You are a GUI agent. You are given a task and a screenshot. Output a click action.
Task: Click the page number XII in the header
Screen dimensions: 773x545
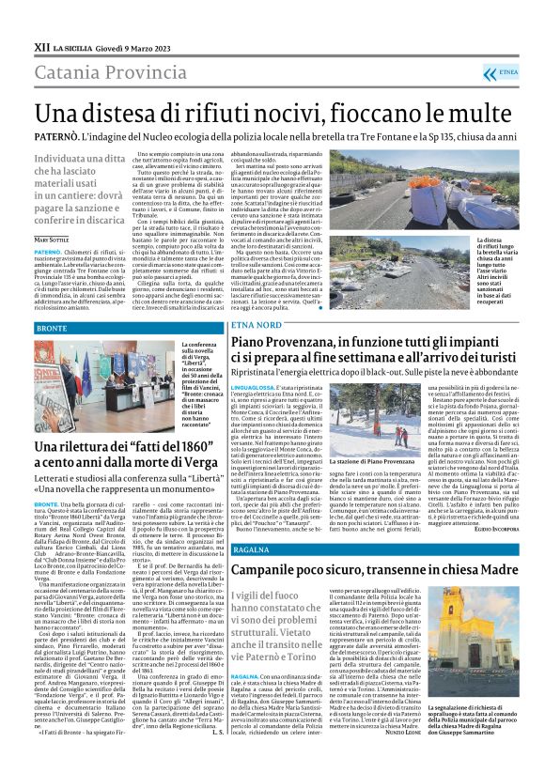coord(41,44)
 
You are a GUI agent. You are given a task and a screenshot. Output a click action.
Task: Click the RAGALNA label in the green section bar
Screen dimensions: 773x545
coord(251,548)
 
